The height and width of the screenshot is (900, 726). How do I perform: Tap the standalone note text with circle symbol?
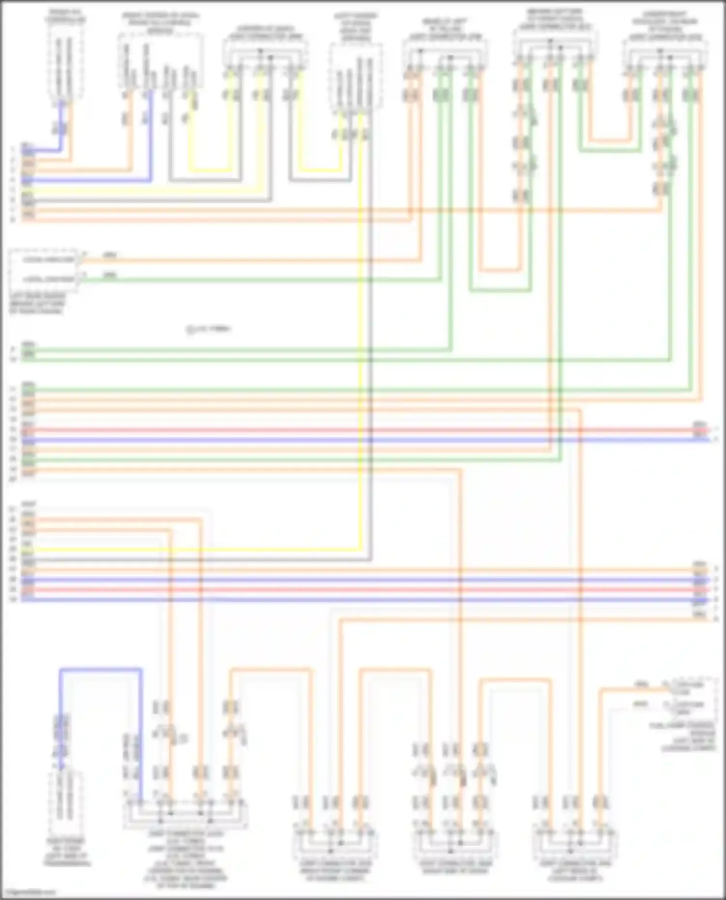click(x=209, y=329)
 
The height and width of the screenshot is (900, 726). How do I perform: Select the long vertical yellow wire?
click(x=360, y=339)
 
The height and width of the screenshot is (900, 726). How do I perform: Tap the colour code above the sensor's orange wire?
click(x=110, y=255)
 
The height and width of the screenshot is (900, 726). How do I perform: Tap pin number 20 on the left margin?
click(x=13, y=479)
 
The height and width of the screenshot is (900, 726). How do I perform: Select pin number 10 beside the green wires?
click(x=13, y=360)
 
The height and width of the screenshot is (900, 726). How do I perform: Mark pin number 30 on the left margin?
click(x=13, y=600)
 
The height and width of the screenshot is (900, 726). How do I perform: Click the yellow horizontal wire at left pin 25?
click(x=194, y=550)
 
